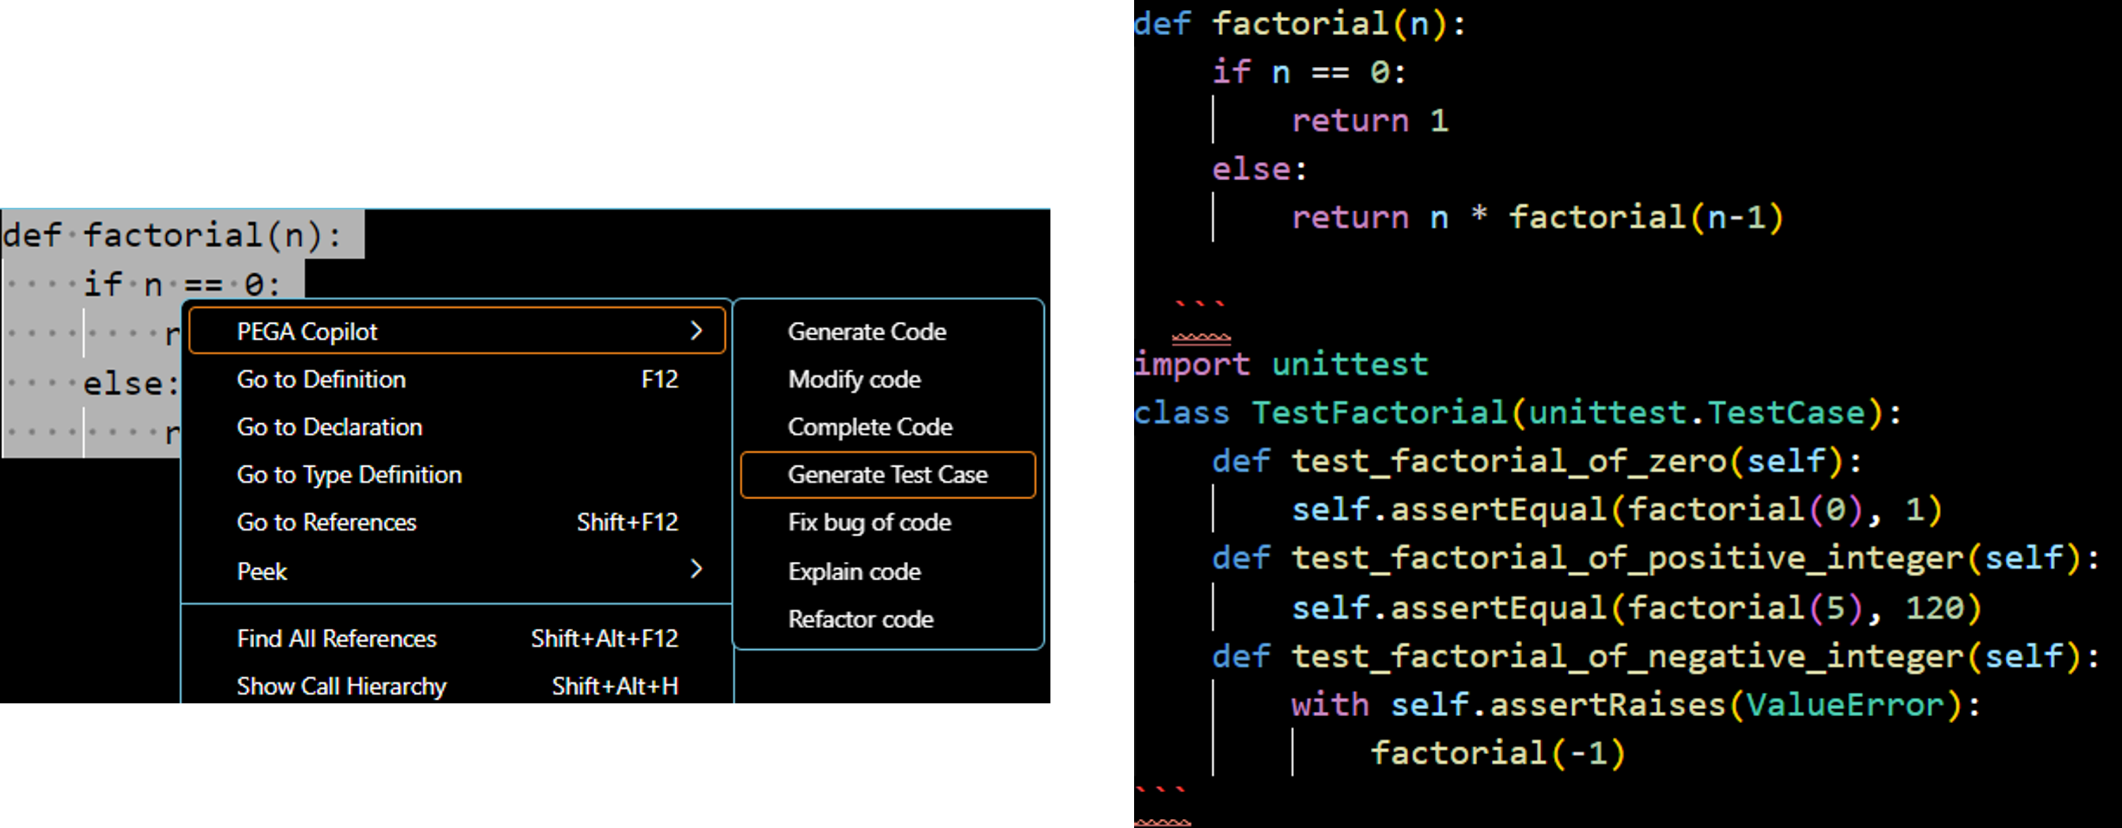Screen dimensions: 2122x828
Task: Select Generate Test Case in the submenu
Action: point(887,475)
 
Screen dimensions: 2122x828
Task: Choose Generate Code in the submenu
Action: point(867,331)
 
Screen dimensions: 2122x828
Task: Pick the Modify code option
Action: point(854,379)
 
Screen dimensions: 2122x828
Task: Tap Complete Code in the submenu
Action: point(870,427)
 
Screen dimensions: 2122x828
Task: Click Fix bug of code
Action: point(869,522)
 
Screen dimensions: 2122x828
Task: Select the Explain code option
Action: point(854,571)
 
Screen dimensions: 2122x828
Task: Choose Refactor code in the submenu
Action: point(860,619)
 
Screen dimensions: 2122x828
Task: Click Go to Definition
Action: point(321,379)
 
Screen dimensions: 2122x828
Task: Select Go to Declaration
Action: point(329,427)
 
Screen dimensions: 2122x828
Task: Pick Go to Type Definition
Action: point(349,475)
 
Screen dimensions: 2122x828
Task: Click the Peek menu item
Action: point(262,571)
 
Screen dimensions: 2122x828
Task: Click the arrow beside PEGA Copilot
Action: point(696,331)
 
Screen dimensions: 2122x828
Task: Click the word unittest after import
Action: point(1350,364)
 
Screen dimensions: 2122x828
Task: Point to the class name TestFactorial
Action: point(1380,413)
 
